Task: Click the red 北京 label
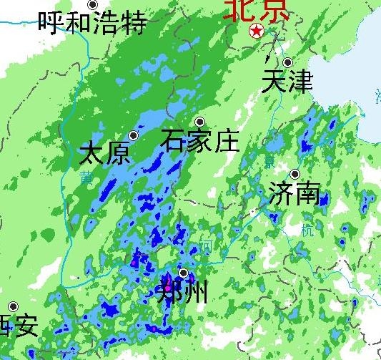257,9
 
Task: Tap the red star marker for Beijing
256,31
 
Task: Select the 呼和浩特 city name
92,22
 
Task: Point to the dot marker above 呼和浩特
92,5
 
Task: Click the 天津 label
287,81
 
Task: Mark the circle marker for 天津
287,62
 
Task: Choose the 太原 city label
105,153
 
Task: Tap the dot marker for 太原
133,135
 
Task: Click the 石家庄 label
199,140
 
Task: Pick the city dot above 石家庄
200,122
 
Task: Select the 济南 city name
294,193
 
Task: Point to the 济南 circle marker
295,174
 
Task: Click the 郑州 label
182,291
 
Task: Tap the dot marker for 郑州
184,273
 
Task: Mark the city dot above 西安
13,306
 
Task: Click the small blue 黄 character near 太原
86,176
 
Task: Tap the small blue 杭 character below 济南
307,230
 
